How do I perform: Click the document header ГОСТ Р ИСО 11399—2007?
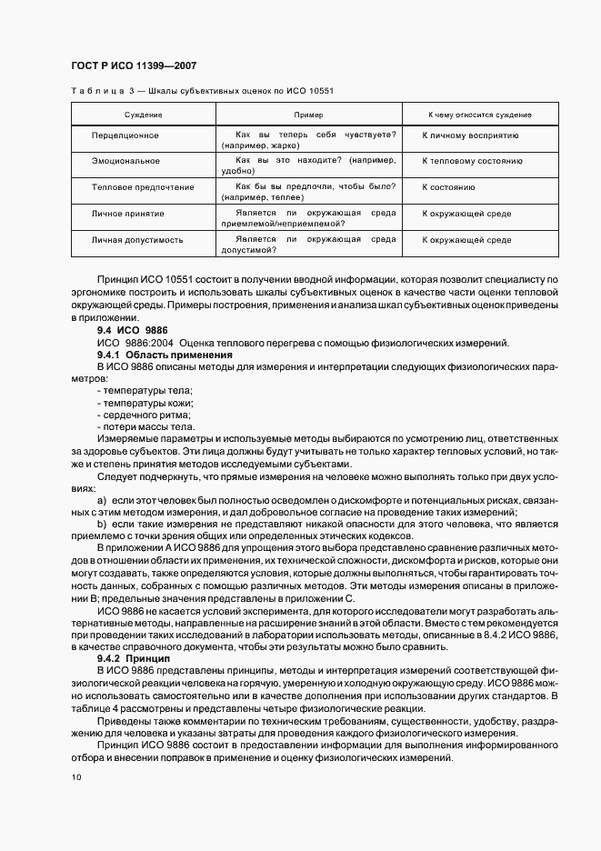134,65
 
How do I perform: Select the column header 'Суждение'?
144,115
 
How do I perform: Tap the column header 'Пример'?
308,115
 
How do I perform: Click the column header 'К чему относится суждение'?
480,115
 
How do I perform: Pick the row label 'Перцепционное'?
125,135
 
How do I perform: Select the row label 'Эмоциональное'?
125,161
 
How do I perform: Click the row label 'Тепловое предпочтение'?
143,187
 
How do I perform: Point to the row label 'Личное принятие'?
128,214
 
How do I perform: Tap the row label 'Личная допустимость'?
137,240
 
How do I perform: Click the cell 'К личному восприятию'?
470,135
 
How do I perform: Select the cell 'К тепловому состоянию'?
472,161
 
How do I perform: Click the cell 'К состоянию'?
449,187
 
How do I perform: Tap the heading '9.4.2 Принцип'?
127,656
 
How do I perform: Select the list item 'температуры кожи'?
145,403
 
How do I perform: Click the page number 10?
76,777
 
